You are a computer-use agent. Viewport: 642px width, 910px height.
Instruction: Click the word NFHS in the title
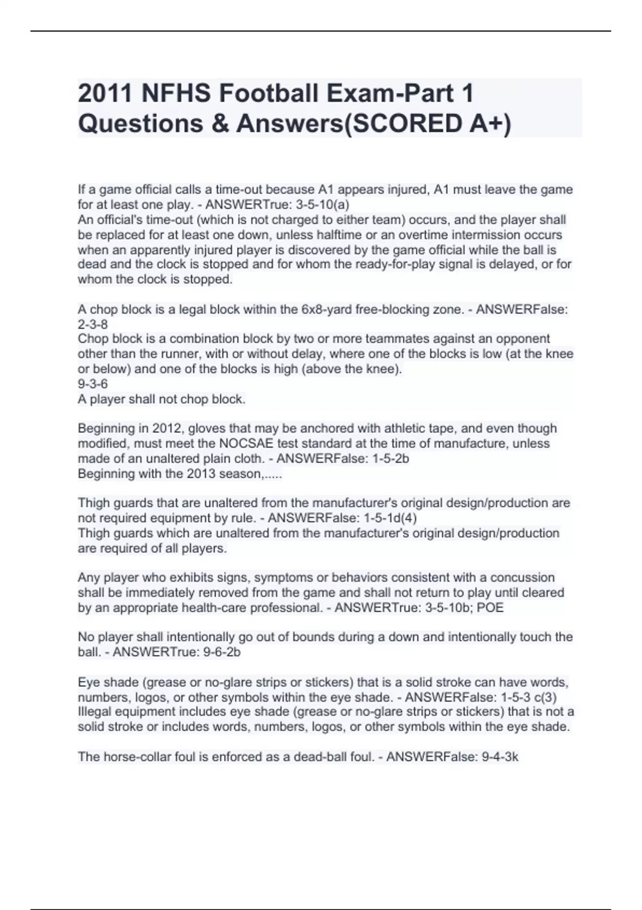coord(173,94)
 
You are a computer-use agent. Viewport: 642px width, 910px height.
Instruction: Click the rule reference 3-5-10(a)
coord(322,204)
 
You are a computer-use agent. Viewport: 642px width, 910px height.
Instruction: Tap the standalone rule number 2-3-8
coord(93,324)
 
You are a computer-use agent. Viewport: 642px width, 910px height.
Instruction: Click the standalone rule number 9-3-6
coord(93,384)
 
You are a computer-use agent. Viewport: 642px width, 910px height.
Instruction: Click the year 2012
coord(168,428)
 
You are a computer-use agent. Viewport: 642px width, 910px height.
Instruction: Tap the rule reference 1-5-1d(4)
coord(390,518)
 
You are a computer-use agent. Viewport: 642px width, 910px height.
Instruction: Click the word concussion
coord(522,578)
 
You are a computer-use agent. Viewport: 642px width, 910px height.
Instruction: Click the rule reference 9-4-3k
coord(500,757)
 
